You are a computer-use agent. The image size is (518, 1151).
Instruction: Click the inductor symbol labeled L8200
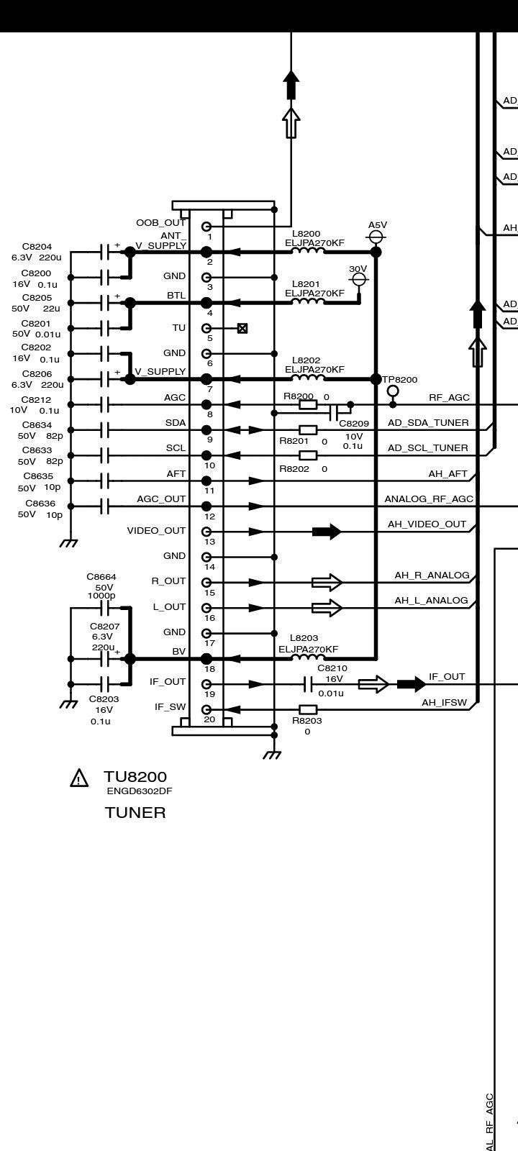[x=307, y=251]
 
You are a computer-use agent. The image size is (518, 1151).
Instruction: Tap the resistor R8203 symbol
[x=308, y=709]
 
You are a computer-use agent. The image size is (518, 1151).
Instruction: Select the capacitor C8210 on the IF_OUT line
[x=308, y=683]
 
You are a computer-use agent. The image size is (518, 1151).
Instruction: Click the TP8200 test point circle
[x=393, y=391]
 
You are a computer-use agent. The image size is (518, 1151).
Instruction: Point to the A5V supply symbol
[x=376, y=236]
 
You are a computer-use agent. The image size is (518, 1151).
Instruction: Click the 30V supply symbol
[x=358, y=279]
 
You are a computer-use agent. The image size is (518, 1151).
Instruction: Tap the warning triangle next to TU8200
[x=79, y=778]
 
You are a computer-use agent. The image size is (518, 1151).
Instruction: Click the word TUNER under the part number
[x=135, y=813]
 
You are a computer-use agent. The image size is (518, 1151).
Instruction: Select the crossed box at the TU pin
[x=242, y=328]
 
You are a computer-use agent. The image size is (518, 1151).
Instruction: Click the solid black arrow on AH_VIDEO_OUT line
[x=327, y=532]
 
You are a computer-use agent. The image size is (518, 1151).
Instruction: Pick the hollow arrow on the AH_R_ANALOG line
[x=327, y=582]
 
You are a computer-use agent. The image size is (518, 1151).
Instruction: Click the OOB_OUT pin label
[x=160, y=223]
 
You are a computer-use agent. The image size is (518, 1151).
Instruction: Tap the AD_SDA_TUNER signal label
[x=428, y=423]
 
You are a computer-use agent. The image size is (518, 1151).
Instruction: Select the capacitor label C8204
[x=37, y=247]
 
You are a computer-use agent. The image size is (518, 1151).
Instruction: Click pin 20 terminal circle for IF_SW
[x=206, y=709]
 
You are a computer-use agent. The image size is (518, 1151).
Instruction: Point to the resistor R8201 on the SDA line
[x=308, y=430]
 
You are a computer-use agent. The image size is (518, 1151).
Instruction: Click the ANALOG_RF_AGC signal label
[x=429, y=499]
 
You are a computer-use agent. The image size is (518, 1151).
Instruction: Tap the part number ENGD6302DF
[x=140, y=791]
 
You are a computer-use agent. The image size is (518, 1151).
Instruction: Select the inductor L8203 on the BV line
[x=307, y=658]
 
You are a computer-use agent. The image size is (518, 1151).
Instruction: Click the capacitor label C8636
[x=40, y=504]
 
